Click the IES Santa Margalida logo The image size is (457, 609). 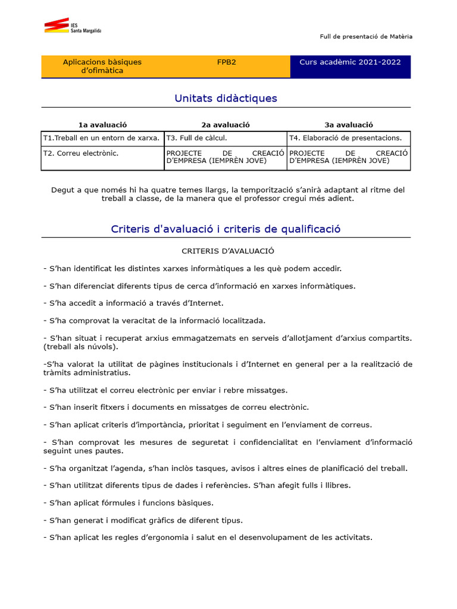pyautogui.click(x=72, y=26)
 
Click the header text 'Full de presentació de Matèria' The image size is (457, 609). pyautogui.click(x=366, y=37)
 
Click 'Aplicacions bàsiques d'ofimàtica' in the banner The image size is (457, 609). pyautogui.click(x=102, y=66)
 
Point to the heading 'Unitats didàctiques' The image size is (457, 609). pyautogui.click(x=226, y=98)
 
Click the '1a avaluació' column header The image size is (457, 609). pyautogui.click(x=102, y=125)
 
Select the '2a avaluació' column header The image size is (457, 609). pyautogui.click(x=226, y=125)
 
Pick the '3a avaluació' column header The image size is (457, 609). pyautogui.click(x=349, y=125)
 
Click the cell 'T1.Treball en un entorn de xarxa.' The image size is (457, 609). pyautogui.click(x=101, y=138)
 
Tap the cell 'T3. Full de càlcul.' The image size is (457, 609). pyautogui.click(x=196, y=138)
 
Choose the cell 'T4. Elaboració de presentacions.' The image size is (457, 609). pyautogui.click(x=345, y=138)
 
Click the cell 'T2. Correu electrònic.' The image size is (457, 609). pyautogui.click(x=81, y=153)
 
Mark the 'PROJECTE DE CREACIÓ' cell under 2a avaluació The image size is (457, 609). pyautogui.click(x=225, y=157)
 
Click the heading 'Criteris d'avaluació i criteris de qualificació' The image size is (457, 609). pyautogui.click(x=226, y=229)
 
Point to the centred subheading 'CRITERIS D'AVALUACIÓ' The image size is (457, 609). pyautogui.click(x=228, y=251)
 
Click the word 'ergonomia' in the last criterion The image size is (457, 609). pyautogui.click(x=184, y=537)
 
